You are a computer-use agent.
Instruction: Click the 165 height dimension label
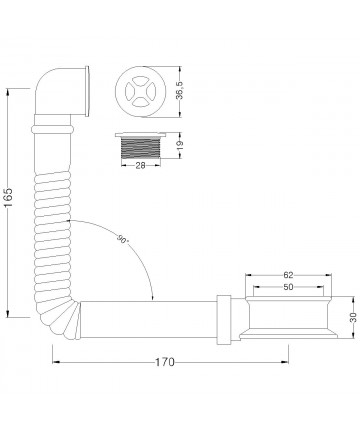coord(9,197)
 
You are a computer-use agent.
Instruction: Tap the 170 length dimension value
coord(165,362)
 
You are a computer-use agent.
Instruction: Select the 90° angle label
coord(122,239)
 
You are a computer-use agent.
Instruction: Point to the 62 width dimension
coord(288,275)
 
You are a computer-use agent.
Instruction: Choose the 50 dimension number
coord(288,287)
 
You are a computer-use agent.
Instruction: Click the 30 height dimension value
coord(354,317)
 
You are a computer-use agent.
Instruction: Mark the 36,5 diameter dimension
coord(180,91)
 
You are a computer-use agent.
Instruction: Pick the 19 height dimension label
coord(180,145)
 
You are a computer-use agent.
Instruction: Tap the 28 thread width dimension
coord(140,165)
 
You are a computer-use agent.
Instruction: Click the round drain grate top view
coord(140,91)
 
